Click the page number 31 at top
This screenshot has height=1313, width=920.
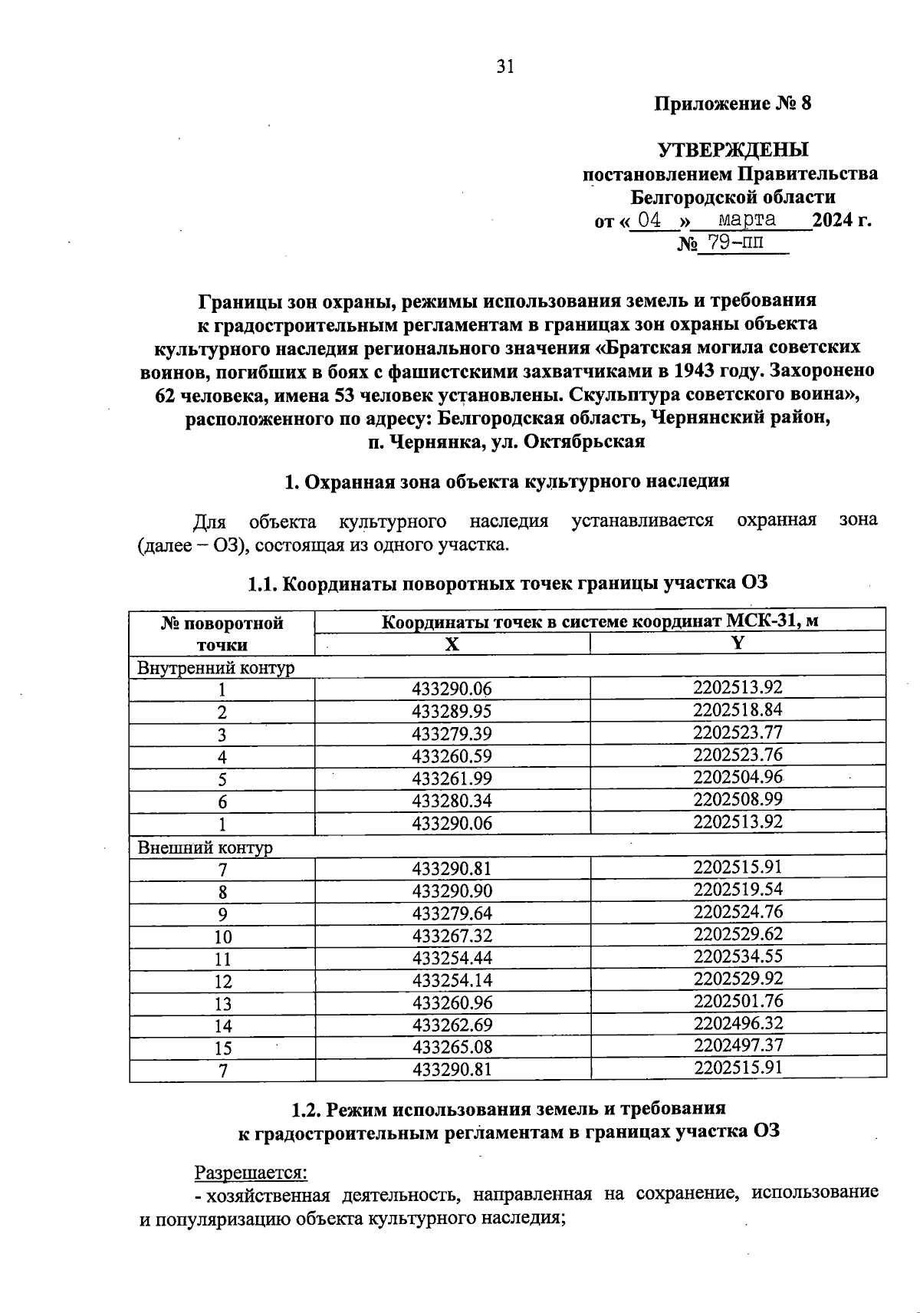(x=504, y=67)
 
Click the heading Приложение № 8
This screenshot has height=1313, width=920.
(x=732, y=104)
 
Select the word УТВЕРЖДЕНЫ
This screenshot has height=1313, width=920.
(x=732, y=150)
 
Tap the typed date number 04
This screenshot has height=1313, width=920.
(x=649, y=220)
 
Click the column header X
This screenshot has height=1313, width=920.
(x=452, y=644)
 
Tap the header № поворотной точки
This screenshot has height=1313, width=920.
(x=222, y=633)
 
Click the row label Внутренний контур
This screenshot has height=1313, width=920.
(x=215, y=668)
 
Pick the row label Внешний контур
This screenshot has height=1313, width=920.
(x=205, y=847)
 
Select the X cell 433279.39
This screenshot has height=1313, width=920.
(x=452, y=734)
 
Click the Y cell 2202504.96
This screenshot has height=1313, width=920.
(x=738, y=777)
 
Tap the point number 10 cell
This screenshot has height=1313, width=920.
(x=222, y=937)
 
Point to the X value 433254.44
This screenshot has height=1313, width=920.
(x=452, y=958)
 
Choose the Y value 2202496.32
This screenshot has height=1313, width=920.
(x=738, y=1023)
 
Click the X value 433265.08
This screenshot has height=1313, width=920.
(x=452, y=1047)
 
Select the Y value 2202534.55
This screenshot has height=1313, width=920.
(x=738, y=956)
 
